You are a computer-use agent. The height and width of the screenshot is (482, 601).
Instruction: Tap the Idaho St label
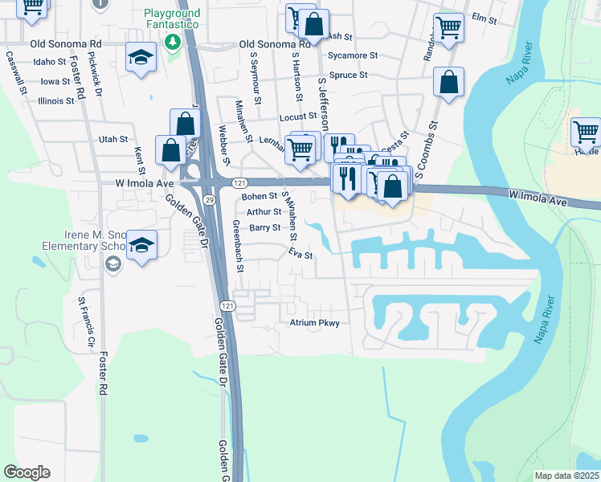50,61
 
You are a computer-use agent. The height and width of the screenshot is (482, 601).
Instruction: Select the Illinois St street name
56,101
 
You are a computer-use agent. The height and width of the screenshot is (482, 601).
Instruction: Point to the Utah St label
113,139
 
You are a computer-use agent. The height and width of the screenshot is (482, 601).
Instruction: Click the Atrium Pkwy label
315,323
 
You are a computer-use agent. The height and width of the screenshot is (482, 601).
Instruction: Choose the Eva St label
300,254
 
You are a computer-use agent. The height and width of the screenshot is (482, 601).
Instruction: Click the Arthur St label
264,212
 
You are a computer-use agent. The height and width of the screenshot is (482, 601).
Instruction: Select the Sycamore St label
357,55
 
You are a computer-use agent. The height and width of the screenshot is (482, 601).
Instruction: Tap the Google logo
27,472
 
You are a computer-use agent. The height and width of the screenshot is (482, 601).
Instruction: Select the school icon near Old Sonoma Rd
141,57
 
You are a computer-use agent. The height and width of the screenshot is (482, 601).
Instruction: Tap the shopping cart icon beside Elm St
448,27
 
